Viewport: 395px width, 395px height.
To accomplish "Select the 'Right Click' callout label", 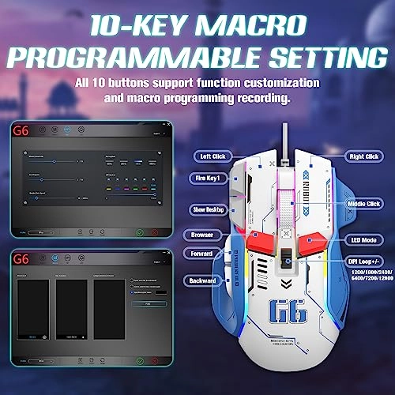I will point(363,156).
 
